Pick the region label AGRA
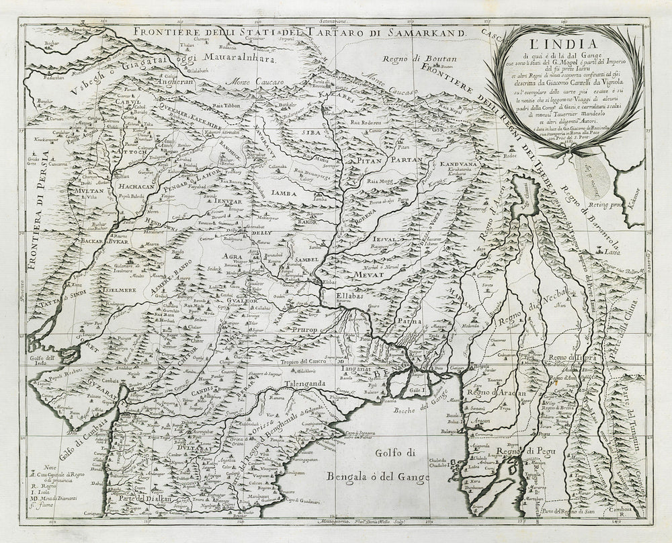click(233, 256)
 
